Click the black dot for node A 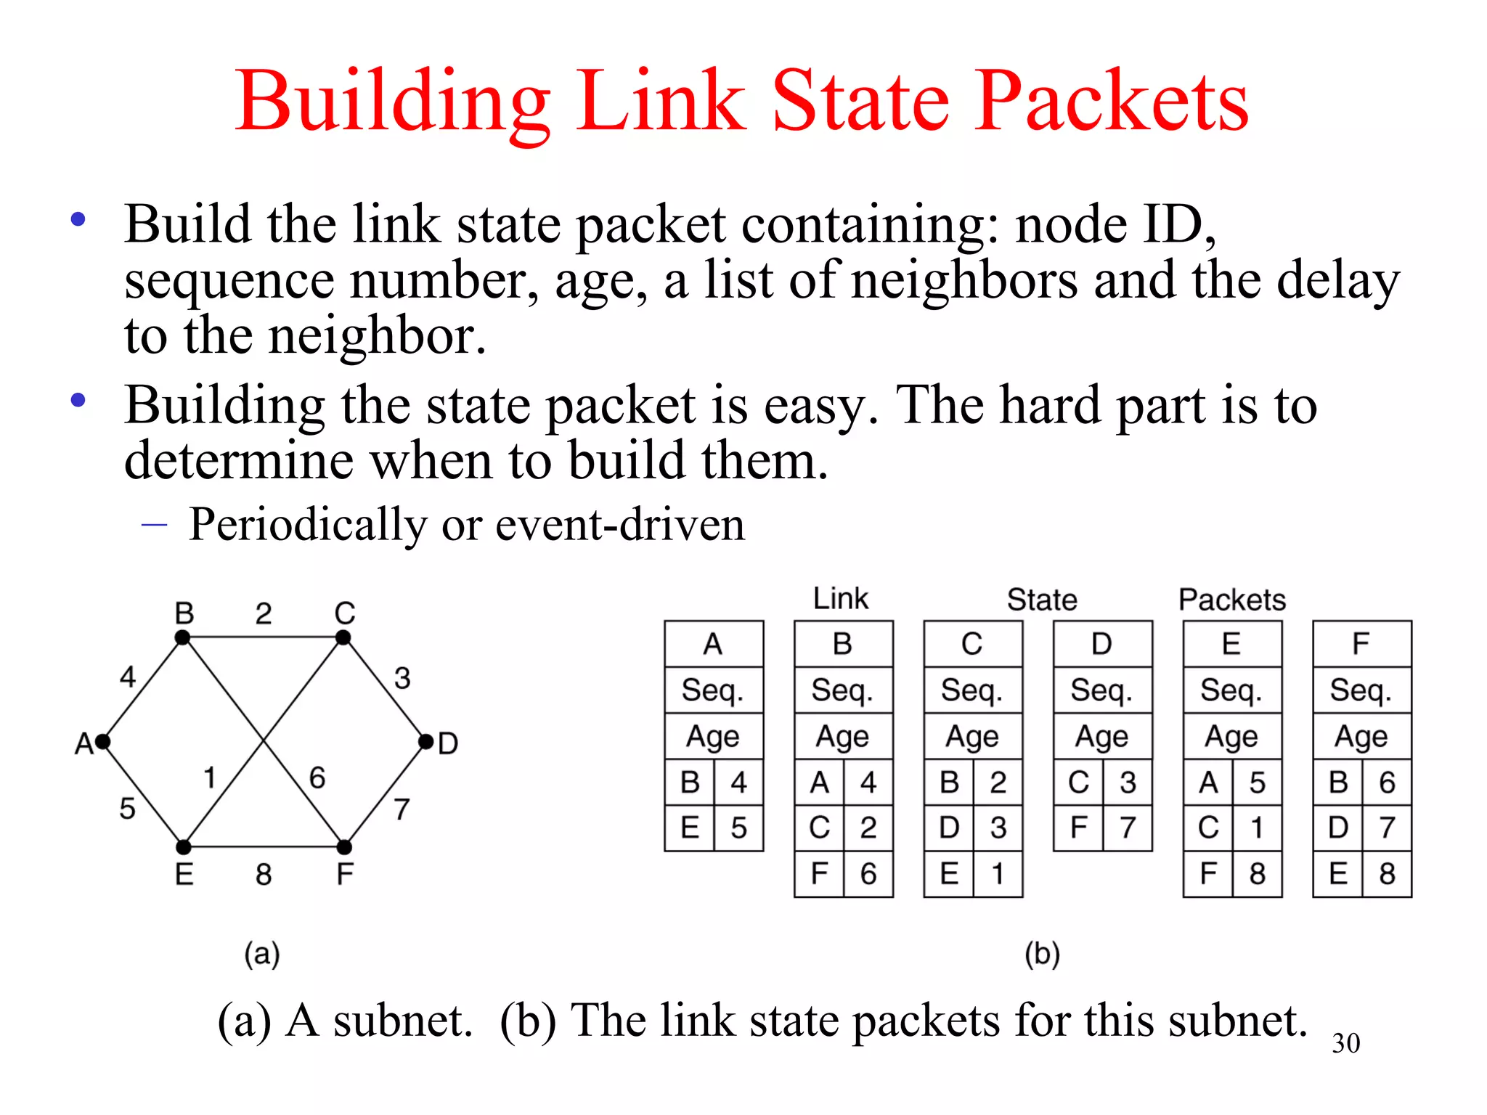(103, 741)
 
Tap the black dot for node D (426, 741)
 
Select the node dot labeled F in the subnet (344, 847)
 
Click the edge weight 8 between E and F (264, 874)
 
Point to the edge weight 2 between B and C (264, 614)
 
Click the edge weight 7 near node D (402, 809)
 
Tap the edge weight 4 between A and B (128, 677)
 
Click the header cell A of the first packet (713, 644)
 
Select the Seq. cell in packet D (1102, 690)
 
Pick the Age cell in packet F (1361, 737)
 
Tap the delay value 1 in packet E (1258, 828)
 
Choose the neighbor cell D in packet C (949, 828)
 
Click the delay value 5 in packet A (739, 828)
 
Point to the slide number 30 (1345, 1043)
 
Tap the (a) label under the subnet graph (262, 954)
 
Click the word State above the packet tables (1042, 600)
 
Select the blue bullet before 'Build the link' (78, 219)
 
